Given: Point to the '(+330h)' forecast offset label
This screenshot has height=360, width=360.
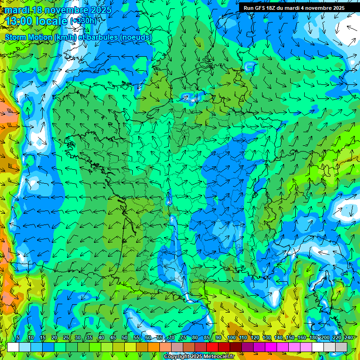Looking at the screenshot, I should [x=83, y=21].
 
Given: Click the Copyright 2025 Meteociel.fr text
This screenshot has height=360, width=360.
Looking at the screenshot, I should [x=199, y=356].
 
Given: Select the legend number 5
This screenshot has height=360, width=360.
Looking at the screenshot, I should [x=18, y=338].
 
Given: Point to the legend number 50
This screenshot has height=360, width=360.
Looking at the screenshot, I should [x=125, y=338].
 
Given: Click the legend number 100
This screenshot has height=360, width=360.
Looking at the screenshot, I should [x=231, y=338].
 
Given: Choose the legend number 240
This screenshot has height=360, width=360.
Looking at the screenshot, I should [x=348, y=338].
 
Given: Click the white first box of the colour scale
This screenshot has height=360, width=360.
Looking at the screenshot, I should [x=13, y=347].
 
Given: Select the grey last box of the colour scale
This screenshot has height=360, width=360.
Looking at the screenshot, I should [x=341, y=347].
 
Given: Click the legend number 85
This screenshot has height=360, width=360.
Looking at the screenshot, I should [x=207, y=338].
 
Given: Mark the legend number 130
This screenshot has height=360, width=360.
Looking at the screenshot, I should [x=266, y=338].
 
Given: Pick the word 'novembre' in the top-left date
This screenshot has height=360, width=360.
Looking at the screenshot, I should [x=64, y=9].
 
